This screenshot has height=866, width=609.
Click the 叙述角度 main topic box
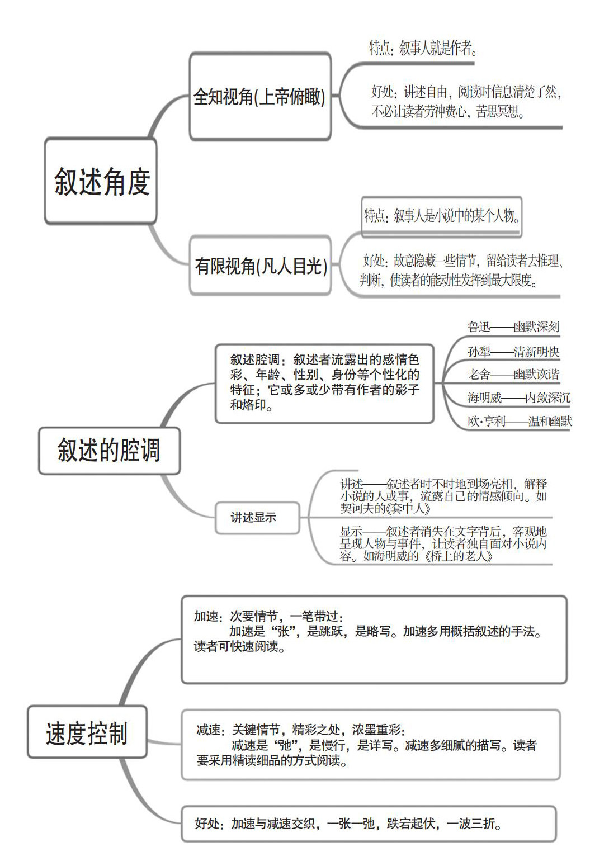tap(101, 182)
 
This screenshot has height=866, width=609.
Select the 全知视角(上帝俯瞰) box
tap(259, 97)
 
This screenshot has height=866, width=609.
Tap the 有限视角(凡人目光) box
tap(261, 266)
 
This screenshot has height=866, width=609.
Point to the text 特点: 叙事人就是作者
tap(423, 49)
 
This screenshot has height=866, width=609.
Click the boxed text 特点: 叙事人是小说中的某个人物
tap(442, 215)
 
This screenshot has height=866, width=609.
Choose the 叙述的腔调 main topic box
tap(109, 451)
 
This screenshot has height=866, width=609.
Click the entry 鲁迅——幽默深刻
tap(513, 327)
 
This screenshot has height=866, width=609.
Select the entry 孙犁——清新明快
tap(513, 352)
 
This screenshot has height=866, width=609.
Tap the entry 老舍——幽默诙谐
tap(513, 375)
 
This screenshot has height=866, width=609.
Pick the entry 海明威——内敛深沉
tap(519, 398)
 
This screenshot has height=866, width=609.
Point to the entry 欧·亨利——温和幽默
tap(520, 422)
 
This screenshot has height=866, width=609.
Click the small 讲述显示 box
tap(254, 518)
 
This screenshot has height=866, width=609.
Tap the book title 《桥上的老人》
tap(459, 556)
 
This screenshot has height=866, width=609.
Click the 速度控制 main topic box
tap(87, 733)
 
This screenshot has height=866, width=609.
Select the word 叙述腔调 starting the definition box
tap(254, 359)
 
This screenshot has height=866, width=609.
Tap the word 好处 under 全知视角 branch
tap(383, 92)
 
